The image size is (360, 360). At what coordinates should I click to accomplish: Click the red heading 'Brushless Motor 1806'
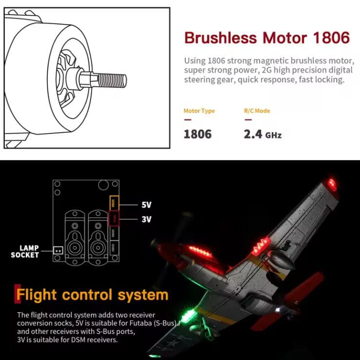click(267, 38)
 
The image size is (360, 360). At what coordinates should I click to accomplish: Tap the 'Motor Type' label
click(199, 111)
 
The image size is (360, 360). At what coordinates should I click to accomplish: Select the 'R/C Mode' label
click(257, 111)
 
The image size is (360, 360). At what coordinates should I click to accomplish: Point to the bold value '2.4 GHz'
click(262, 134)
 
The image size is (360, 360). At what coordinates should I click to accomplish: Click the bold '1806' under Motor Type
click(198, 134)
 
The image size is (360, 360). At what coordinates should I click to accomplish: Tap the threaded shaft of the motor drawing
click(113, 80)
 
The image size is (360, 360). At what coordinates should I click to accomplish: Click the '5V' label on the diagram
click(146, 205)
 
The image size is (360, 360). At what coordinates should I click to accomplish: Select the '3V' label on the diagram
click(146, 219)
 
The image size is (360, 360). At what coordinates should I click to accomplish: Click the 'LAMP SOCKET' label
click(25, 251)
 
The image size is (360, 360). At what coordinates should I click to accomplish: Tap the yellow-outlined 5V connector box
click(114, 203)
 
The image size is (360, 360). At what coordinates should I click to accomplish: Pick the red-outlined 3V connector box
click(114, 219)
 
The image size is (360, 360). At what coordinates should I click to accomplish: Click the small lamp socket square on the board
click(58, 250)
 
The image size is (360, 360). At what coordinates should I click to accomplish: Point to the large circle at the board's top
click(103, 184)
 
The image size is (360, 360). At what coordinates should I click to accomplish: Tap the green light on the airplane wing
click(189, 315)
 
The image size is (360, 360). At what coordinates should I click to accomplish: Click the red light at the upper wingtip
click(332, 184)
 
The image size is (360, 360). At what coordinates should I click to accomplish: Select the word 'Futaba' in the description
click(140, 323)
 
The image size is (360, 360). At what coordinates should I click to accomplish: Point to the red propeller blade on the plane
click(304, 286)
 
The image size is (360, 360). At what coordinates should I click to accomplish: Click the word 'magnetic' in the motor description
click(271, 60)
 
